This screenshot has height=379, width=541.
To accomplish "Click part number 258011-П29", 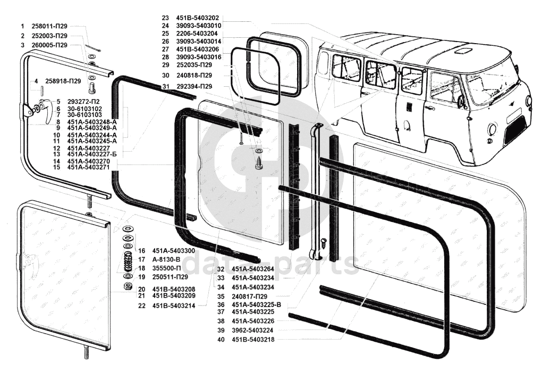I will (49, 26).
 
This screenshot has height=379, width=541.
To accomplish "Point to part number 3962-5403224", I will (253, 330).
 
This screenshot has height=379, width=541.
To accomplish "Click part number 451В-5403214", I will (173, 306).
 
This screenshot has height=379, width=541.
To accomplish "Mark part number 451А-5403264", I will (253, 269).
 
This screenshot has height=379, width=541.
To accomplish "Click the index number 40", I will (220, 339).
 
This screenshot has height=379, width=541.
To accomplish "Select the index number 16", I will (141, 250).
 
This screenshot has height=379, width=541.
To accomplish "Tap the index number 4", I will (36, 81).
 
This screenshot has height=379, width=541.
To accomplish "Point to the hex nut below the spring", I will (128, 286).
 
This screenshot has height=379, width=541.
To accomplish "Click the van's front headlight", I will (493, 129).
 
